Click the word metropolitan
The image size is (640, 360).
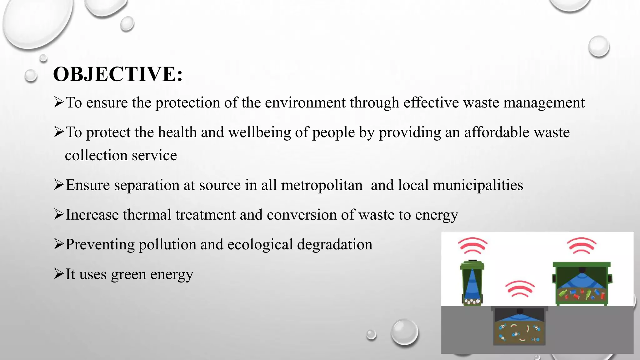click(x=322, y=185)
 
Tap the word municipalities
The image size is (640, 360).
click(x=478, y=185)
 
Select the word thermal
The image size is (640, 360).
click(x=147, y=215)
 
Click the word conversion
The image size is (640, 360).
click(x=302, y=215)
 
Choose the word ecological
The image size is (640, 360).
click(x=260, y=245)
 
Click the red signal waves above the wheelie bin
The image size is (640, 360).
click(x=472, y=245)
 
